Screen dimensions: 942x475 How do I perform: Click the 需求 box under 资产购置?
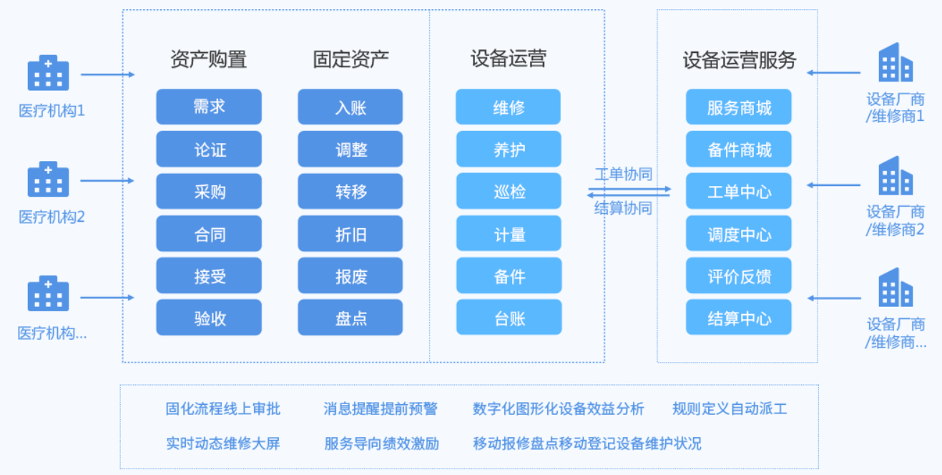209,107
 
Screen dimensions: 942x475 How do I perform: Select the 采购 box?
209,191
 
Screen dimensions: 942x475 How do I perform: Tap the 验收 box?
209,317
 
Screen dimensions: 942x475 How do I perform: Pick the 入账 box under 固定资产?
350,107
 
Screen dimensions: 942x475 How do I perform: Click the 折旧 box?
350,233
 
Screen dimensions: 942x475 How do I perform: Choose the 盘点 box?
350,317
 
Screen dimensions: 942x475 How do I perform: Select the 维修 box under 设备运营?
508,107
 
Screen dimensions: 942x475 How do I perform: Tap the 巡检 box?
509,191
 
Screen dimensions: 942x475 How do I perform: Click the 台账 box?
509,317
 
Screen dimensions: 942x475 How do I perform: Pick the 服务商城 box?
738,107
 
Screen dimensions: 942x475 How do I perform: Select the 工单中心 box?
738,191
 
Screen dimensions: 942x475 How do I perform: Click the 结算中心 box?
738,317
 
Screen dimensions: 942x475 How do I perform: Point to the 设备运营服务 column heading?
740,60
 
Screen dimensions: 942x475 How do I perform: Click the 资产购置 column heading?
209,59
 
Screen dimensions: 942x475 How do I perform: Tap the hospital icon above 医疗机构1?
48,72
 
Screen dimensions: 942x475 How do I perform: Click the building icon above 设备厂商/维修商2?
896,176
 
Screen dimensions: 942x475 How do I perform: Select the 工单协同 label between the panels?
623,174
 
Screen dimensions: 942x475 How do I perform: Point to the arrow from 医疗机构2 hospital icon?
107,181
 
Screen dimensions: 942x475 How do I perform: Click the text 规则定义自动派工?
730,408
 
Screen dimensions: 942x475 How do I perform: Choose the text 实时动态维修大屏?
223,444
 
